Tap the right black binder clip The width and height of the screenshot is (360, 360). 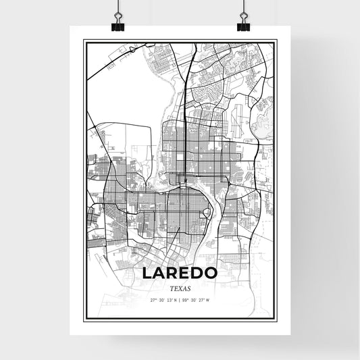pos(242,25)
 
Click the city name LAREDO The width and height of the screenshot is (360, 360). pos(179,274)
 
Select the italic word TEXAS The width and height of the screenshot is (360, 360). pos(180,288)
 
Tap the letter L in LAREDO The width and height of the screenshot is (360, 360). pos(147,274)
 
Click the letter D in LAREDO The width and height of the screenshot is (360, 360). pos(197,274)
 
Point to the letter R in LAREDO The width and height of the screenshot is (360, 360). pos(172,274)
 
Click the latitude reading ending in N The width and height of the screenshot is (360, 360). pos(164,300)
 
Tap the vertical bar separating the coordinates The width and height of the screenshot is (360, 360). pos(180,300)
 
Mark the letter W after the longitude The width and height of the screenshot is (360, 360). pos(208,300)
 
